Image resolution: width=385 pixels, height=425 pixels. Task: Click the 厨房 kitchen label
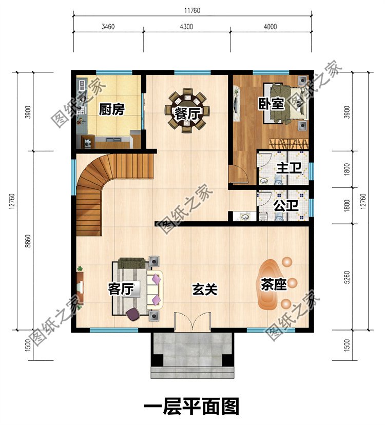(x=111, y=109)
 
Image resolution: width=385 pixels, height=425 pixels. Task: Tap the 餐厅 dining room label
(x=187, y=114)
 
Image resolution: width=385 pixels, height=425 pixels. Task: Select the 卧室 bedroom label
(x=271, y=104)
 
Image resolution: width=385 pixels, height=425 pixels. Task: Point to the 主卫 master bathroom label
(x=289, y=168)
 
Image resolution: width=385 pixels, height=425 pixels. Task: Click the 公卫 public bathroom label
(x=286, y=205)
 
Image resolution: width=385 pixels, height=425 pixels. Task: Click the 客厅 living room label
(x=121, y=289)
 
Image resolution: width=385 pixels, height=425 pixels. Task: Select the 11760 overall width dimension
(x=192, y=11)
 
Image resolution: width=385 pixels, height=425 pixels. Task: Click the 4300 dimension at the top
(x=186, y=27)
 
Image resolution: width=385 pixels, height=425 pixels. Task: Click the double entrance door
(x=192, y=322)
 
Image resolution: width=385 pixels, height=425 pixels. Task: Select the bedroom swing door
(x=237, y=173)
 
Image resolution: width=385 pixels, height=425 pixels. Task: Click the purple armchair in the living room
(x=132, y=314)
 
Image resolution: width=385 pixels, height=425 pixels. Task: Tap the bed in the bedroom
(x=285, y=104)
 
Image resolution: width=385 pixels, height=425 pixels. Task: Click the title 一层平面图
(x=191, y=407)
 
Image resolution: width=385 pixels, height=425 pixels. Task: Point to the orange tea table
(x=269, y=284)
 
